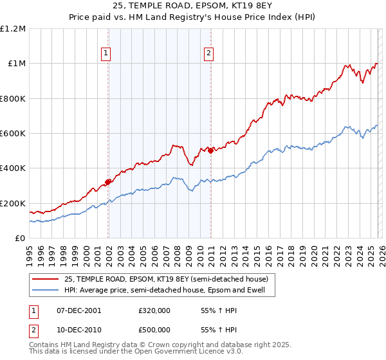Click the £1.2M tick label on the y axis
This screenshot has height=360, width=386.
(x=13, y=29)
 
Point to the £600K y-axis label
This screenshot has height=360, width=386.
(x=13, y=134)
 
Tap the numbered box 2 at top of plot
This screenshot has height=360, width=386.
(x=210, y=54)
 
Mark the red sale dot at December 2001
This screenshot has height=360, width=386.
(x=108, y=182)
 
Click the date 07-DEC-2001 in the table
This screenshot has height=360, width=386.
(x=79, y=310)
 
